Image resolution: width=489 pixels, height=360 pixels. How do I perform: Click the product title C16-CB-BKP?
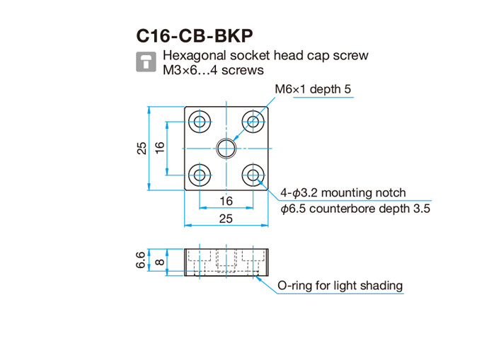point(195,36)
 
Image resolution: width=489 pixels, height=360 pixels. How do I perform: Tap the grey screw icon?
point(146,62)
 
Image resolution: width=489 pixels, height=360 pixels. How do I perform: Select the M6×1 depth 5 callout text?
point(313,89)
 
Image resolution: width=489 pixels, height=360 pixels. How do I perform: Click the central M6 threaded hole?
point(226,149)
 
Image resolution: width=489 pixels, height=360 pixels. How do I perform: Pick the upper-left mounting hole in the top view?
point(200,121)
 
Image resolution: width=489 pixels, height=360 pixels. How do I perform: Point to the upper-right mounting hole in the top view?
point(253,121)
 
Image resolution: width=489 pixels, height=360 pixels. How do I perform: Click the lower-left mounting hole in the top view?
point(200,175)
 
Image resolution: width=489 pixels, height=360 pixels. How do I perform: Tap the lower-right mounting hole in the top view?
point(253,175)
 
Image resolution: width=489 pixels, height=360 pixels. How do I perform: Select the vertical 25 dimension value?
point(142,149)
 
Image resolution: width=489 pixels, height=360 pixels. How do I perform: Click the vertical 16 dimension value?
point(159,147)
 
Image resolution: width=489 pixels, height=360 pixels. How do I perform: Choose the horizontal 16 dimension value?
point(226,201)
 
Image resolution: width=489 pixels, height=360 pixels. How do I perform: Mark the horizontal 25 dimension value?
point(226,219)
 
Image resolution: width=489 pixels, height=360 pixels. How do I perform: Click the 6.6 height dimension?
point(141,260)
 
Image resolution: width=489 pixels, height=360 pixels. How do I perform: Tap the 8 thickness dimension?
point(159,262)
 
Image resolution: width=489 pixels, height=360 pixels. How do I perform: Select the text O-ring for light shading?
point(340,286)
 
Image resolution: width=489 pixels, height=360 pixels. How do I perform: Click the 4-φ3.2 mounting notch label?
point(343,192)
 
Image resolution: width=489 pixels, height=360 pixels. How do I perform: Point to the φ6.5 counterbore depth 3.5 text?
point(355,209)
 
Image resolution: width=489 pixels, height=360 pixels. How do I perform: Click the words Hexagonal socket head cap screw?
point(265,55)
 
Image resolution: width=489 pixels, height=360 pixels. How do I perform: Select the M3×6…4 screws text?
point(213,70)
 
